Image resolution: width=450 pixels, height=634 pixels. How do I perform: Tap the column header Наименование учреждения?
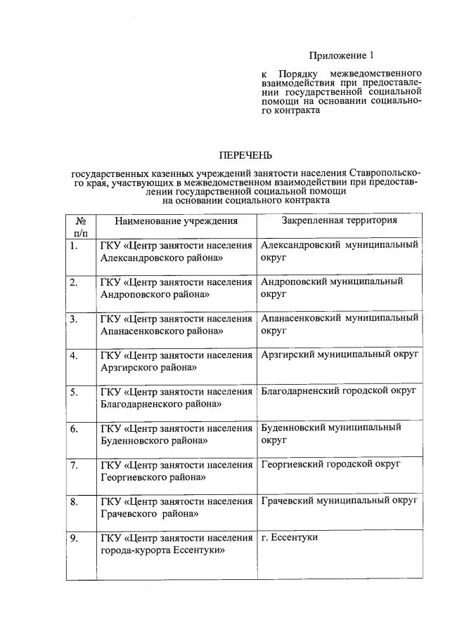pyautogui.click(x=176, y=220)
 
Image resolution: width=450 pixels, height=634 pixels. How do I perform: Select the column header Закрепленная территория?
pyautogui.click(x=340, y=220)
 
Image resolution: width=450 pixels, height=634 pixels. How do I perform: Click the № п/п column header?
pyautogui.click(x=80, y=226)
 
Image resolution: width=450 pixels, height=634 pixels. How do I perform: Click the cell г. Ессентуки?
pyautogui.click(x=290, y=537)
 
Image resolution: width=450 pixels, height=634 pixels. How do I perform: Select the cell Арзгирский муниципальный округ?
pyautogui.click(x=340, y=355)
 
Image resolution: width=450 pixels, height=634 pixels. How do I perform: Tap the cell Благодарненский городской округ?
pyautogui.click(x=338, y=390)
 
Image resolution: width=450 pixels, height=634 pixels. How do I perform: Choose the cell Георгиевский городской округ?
pyautogui.click(x=330, y=464)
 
